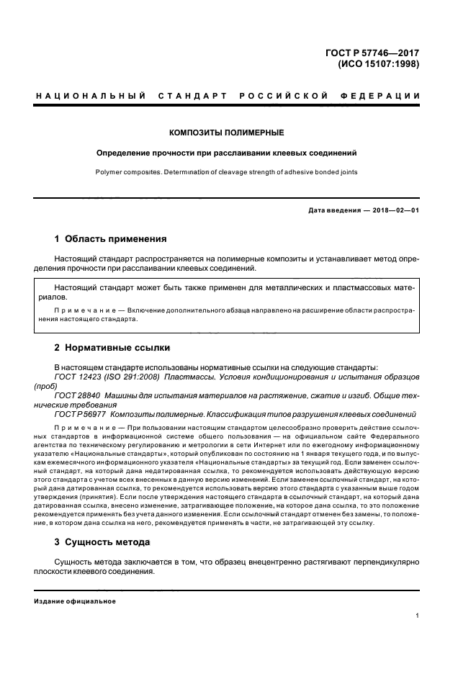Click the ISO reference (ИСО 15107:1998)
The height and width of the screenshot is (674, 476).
[x=379, y=63]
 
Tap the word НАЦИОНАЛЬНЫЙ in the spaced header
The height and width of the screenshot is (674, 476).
[x=91, y=96]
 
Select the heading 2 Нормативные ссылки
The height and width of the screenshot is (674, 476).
[x=112, y=348]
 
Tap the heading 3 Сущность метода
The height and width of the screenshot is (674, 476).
[x=103, y=542]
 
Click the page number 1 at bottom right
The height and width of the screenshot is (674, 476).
[x=418, y=616]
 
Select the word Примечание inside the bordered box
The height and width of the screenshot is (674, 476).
[x=84, y=310]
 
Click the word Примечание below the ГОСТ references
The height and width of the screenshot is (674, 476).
[x=84, y=428]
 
